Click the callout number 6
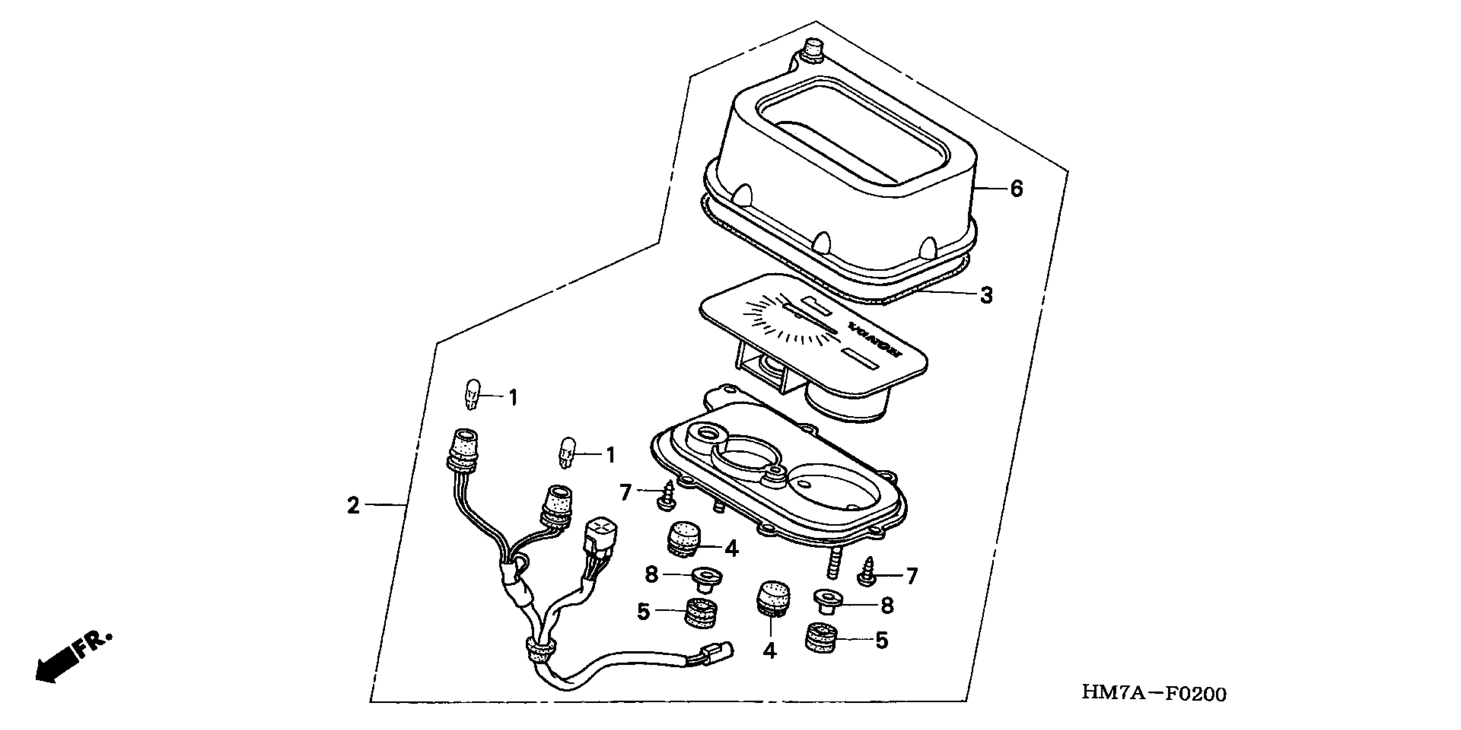[1016, 189]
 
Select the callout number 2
[353, 505]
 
